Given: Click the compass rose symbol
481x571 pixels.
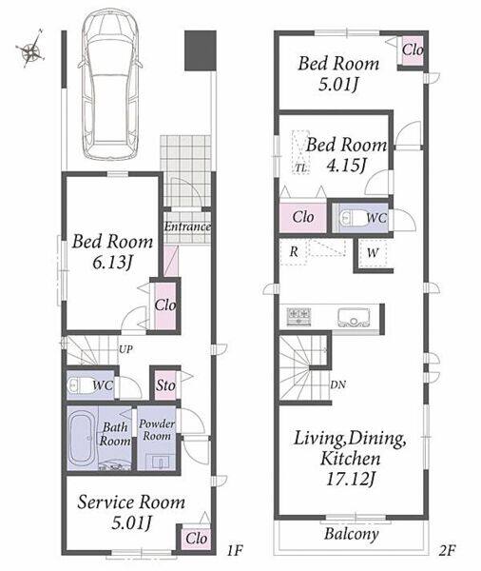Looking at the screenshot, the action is pos(30,49).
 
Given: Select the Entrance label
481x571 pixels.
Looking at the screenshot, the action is pos(187,226).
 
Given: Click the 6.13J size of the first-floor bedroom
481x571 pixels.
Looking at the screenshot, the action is pos(112,263).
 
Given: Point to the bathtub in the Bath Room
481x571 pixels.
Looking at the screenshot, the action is pos(83,438).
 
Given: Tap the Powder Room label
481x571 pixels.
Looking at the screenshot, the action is pos(157,430).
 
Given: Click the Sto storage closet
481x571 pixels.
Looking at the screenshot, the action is pos(165,384).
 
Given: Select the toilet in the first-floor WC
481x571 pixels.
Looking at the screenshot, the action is pos(80,385).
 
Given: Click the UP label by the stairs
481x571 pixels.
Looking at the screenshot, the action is pos(125,349).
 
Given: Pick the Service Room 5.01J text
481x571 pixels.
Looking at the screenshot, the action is pos(131,512).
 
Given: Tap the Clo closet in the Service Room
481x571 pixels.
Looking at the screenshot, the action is pos(196,538).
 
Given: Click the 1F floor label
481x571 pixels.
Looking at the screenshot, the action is pos(235,550).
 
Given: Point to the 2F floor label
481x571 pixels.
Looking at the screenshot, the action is pos(447,550).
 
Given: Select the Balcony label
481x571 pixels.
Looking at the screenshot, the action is pos(352,534).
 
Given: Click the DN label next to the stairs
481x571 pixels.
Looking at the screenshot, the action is pos(338,384).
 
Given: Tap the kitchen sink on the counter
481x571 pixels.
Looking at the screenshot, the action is pos(354,318).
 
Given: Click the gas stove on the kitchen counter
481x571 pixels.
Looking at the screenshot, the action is pos(299,316).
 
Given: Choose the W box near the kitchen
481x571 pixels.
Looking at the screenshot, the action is pos(373,253).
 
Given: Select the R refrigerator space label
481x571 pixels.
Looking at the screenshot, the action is pos(294,251).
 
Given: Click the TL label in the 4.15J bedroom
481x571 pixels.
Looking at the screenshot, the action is pos(300,168).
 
